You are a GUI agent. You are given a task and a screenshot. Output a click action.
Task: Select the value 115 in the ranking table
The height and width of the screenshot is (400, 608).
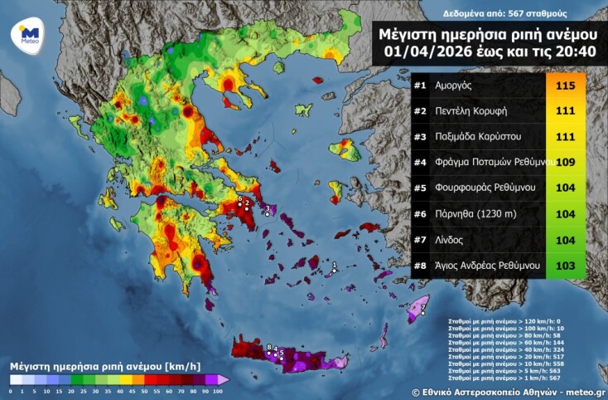click(x=566, y=85)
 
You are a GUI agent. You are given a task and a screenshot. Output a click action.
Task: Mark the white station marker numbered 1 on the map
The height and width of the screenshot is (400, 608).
click(x=332, y=271)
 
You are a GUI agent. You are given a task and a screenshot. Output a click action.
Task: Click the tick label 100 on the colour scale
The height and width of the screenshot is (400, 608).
click(x=219, y=390)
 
